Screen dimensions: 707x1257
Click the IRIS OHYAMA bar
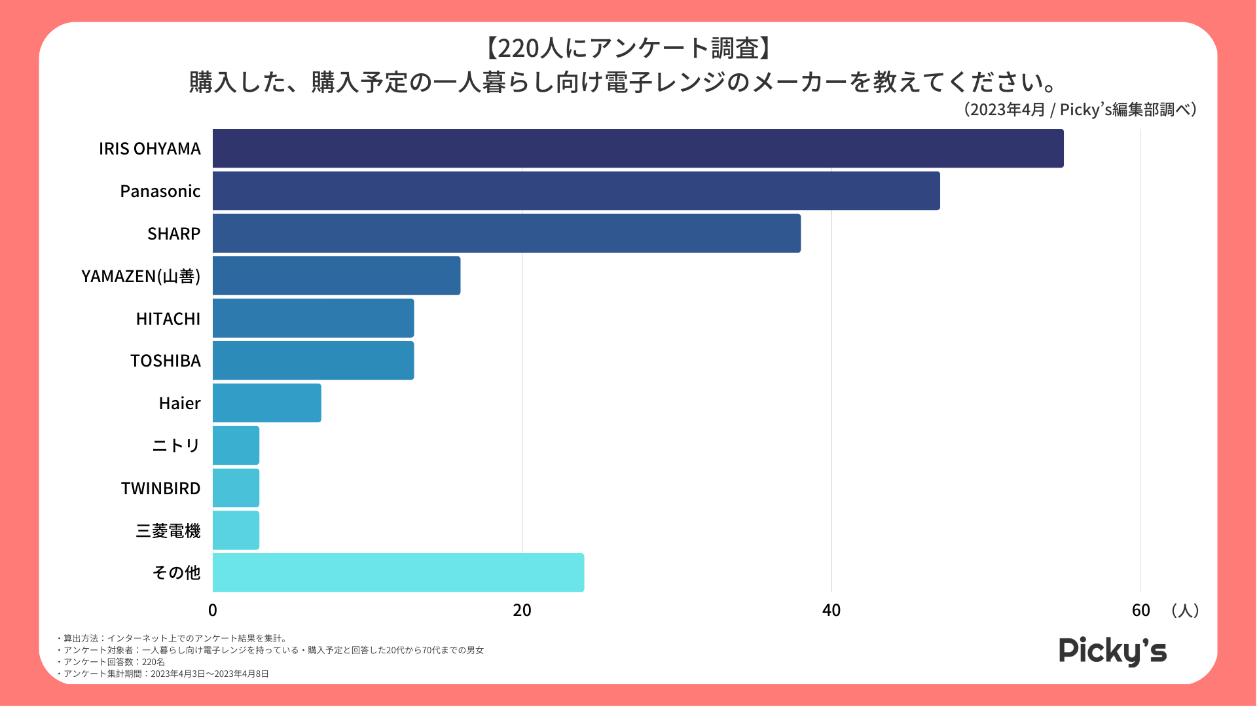(x=638, y=149)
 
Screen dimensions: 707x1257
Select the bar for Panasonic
(x=576, y=191)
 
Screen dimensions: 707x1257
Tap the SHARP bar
(x=506, y=234)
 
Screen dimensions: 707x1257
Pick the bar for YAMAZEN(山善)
(x=337, y=276)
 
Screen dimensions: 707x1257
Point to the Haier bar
(x=266, y=403)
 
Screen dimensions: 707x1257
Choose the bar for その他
(x=398, y=573)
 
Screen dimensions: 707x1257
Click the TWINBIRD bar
(x=236, y=488)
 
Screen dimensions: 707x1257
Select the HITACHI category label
(x=168, y=319)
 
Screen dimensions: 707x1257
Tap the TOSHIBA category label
(x=166, y=361)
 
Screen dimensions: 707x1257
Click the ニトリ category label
(x=176, y=446)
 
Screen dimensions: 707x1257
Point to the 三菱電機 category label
(x=168, y=531)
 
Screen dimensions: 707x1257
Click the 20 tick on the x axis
(x=522, y=610)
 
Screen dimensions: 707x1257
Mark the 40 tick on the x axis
(x=831, y=610)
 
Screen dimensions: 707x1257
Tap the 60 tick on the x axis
(x=1140, y=610)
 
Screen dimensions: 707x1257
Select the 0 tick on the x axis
(x=213, y=610)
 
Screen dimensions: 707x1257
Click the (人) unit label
(x=1185, y=611)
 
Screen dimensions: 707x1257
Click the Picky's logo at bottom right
(x=1112, y=651)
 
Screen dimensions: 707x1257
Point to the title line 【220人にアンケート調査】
(x=628, y=48)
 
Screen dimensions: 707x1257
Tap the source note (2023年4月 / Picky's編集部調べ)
(x=1080, y=109)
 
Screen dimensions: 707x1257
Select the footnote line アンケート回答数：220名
(x=111, y=662)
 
